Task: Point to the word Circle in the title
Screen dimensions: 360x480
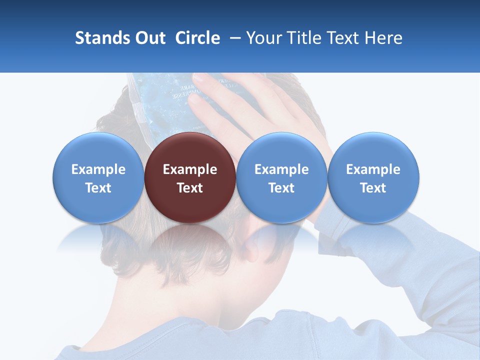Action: pyautogui.click(x=197, y=38)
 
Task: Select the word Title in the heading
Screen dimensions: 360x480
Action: pyautogui.click(x=307, y=38)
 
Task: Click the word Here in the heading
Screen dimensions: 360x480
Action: pyautogui.click(x=384, y=38)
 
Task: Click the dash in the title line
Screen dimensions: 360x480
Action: pyautogui.click(x=233, y=38)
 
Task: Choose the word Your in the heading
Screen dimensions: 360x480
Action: pyautogui.click(x=264, y=38)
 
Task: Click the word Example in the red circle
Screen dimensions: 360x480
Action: pyautogui.click(x=190, y=169)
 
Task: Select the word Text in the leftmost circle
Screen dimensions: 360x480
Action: pyautogui.click(x=98, y=188)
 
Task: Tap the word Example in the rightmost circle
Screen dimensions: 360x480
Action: pyautogui.click(x=373, y=169)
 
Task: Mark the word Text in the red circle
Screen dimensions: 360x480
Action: pyautogui.click(x=190, y=188)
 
